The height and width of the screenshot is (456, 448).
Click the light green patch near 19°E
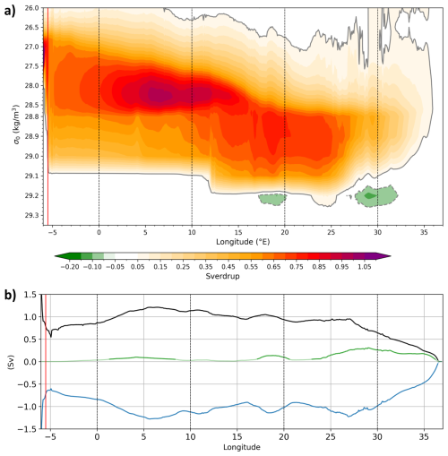271,198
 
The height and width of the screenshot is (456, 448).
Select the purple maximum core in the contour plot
158,94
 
